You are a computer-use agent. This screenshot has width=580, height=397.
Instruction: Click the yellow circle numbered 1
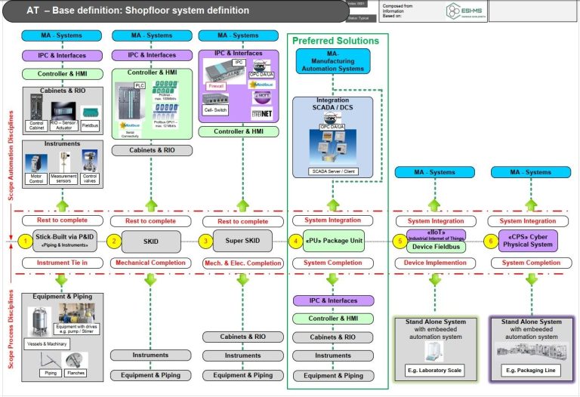(x=24, y=242)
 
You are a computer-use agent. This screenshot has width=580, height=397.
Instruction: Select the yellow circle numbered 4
(x=295, y=242)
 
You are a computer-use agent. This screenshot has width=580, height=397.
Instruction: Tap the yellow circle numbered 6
(x=492, y=242)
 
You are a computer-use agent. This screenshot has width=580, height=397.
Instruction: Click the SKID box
(x=151, y=242)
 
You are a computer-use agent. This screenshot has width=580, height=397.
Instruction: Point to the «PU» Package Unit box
(x=333, y=242)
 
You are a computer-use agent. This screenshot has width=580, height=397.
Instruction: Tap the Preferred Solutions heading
(x=335, y=41)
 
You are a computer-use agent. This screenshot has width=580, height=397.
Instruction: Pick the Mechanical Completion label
(x=151, y=263)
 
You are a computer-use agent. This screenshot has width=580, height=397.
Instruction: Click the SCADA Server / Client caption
(x=333, y=171)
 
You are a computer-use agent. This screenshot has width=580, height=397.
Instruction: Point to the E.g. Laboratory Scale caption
(x=434, y=370)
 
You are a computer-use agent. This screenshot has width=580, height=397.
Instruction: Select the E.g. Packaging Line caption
(x=528, y=370)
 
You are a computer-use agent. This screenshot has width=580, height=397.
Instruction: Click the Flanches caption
(x=76, y=372)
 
